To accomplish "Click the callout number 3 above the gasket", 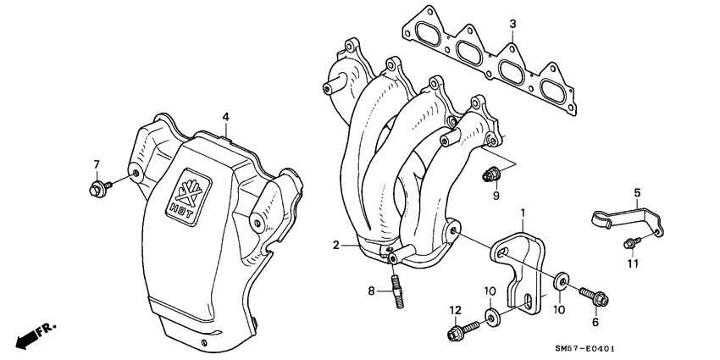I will (x=512, y=23).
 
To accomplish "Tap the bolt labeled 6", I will (x=589, y=296).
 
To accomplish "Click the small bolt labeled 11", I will (x=628, y=243).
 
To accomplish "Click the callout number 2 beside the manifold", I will (x=336, y=246).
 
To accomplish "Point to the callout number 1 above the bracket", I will (x=523, y=211).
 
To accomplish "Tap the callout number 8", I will (x=370, y=291).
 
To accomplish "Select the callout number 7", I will (x=97, y=163).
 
